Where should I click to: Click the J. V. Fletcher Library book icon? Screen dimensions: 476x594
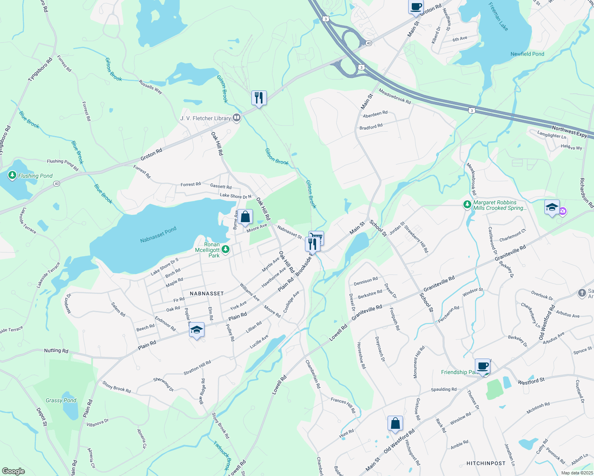click(x=237, y=117)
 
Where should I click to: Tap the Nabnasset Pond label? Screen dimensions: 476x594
click(x=158, y=235)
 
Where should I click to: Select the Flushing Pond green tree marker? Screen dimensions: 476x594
click(x=12, y=175)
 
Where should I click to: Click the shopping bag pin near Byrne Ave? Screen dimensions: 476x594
click(x=245, y=217)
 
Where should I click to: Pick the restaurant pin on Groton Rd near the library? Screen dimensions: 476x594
click(x=259, y=98)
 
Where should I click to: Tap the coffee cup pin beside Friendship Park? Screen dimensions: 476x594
click(x=483, y=366)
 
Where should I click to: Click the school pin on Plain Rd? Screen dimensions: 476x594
click(x=197, y=330)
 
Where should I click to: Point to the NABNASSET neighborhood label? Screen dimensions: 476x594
click(x=207, y=294)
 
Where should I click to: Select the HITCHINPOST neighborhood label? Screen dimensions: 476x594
click(x=486, y=463)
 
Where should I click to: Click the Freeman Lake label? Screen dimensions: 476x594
click(x=499, y=16)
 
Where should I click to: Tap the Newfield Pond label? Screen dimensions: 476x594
click(x=527, y=54)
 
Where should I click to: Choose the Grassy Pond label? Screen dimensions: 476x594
click(x=61, y=400)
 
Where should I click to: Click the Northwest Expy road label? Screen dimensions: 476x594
click(x=569, y=132)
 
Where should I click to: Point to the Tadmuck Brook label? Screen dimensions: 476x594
click(x=222, y=455)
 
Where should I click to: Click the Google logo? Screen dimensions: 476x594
click(x=13, y=471)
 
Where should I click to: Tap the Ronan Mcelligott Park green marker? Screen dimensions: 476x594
click(x=226, y=250)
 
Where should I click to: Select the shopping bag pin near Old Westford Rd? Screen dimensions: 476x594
click(x=395, y=424)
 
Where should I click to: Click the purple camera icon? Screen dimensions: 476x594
click(x=563, y=211)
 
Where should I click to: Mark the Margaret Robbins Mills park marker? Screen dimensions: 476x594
click(x=467, y=205)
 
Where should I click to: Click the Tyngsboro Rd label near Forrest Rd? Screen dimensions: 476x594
click(x=40, y=70)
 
